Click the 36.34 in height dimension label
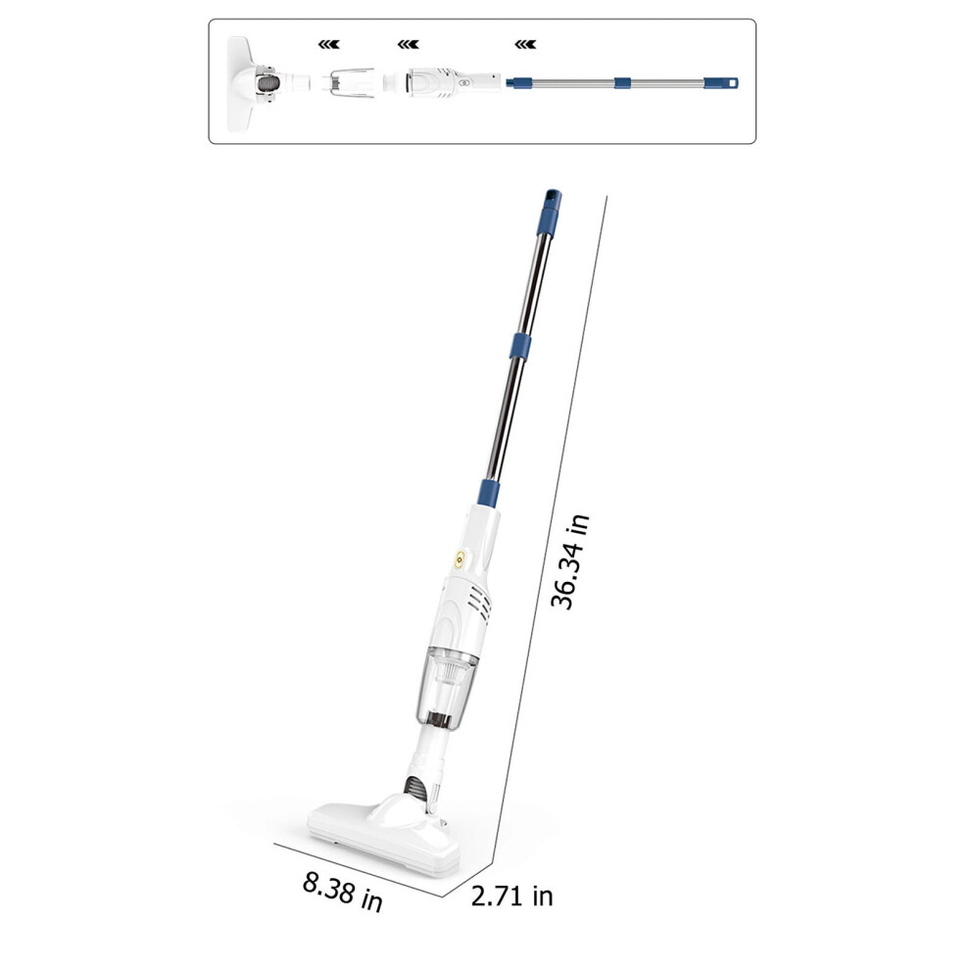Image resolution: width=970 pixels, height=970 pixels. [x=569, y=562]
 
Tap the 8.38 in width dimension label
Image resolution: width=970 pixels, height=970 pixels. [x=343, y=892]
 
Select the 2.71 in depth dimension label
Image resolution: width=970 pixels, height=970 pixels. [x=511, y=896]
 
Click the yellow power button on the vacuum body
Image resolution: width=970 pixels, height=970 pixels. [x=459, y=559]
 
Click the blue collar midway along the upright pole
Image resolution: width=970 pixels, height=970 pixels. [x=520, y=346]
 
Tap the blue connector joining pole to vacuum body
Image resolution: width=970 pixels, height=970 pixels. [x=489, y=493]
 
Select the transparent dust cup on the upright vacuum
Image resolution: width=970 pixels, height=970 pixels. [x=447, y=687]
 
